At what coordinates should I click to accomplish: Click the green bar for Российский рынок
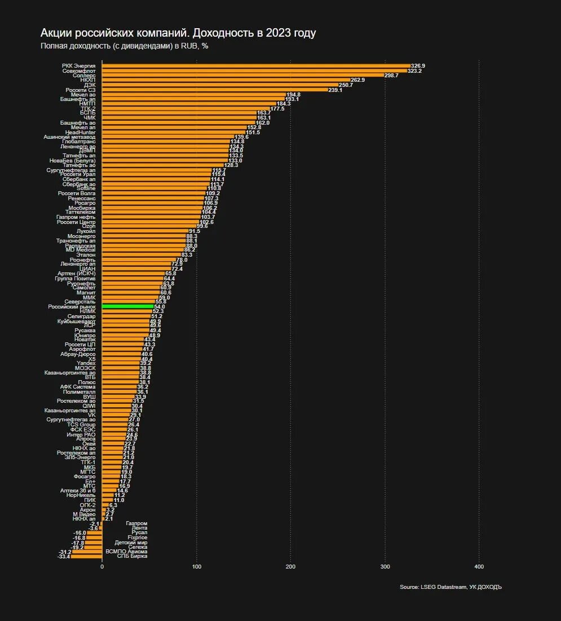tap(128, 306)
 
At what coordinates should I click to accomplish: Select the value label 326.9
tap(418, 66)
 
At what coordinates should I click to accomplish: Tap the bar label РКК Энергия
tap(79, 66)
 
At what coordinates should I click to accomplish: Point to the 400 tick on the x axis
tap(479, 566)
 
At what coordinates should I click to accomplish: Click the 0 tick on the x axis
tap(102, 566)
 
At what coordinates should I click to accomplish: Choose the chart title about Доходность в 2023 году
tap(178, 33)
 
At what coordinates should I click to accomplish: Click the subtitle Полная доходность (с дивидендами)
tap(124, 46)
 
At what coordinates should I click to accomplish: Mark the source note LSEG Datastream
tap(450, 587)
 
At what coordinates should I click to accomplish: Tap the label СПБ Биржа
tap(132, 556)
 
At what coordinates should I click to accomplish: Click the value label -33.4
tap(64, 556)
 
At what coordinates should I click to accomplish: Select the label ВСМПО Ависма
tap(126, 552)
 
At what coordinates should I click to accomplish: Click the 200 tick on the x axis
tap(290, 566)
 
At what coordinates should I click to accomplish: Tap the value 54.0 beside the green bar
tap(160, 306)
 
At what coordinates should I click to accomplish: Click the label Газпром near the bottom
tap(136, 523)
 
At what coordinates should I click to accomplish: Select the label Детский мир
tap(131, 542)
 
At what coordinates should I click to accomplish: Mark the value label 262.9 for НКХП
tap(357, 80)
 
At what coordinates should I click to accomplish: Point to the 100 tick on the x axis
tap(196, 566)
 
